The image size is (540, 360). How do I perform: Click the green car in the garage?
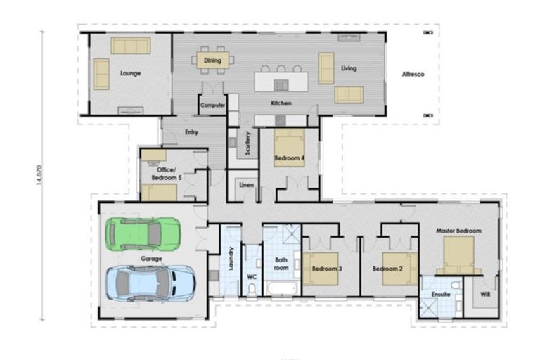coord(143,233)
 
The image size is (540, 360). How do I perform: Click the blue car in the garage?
coord(150,283)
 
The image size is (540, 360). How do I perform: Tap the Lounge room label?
coord(130,73)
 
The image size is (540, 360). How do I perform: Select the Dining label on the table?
coord(212,60)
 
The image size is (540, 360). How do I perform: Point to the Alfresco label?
coord(411,74)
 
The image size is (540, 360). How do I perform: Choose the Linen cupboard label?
coord(246,185)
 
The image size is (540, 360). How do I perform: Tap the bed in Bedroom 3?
coord(325,269)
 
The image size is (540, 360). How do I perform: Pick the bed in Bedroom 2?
coord(400,269)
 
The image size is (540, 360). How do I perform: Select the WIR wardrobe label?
coord(485,294)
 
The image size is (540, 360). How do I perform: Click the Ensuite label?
coord(440,294)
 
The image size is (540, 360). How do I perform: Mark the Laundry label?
coord(231,262)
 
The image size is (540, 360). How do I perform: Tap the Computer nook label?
coord(212,105)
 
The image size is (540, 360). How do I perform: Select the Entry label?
coord(191,132)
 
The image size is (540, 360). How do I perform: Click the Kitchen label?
coord(281,103)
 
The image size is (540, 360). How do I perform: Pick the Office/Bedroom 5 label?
coord(169,174)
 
